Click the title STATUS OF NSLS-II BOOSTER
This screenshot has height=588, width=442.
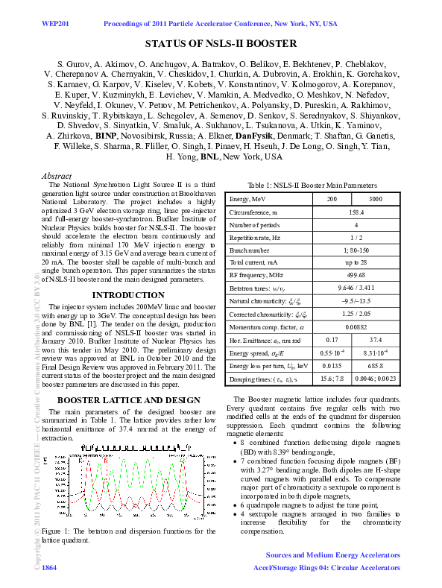click(x=221, y=44)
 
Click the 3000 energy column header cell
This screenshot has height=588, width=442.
click(x=376, y=199)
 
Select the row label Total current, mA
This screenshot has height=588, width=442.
click(x=254, y=262)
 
